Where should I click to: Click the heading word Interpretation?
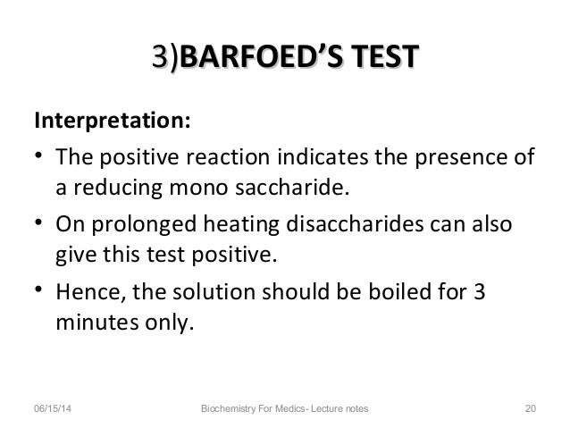click(111, 121)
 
